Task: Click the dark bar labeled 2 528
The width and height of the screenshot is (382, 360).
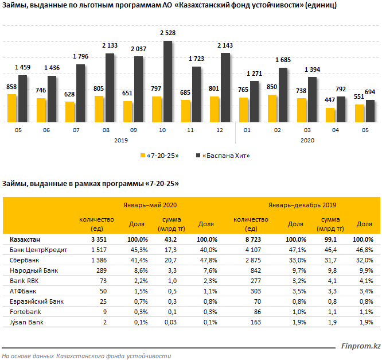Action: (167, 82)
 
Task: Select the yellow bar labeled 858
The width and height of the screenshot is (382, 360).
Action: (11, 109)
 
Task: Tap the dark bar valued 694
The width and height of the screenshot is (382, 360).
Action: (371, 111)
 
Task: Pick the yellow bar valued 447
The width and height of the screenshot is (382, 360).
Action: (330, 115)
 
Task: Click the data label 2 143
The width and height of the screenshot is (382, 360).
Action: (225, 45)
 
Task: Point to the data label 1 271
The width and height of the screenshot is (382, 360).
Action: (254, 73)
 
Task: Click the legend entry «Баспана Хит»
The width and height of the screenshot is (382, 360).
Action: (223, 156)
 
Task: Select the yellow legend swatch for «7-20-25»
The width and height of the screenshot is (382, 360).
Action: (143, 156)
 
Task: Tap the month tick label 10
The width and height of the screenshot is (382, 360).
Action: (162, 130)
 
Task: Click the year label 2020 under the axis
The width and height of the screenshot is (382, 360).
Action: (307, 141)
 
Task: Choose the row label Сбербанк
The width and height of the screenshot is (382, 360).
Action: (24, 260)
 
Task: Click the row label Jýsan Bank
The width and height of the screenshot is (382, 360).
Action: (26, 322)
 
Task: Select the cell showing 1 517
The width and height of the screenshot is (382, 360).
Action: (99, 250)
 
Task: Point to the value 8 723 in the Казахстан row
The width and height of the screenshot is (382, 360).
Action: (253, 239)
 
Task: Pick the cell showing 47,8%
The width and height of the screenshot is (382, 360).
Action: (209, 260)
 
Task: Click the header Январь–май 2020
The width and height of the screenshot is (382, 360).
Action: (150, 205)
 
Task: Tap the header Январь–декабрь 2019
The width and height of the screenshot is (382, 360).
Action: (302, 205)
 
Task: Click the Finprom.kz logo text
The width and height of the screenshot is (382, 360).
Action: (361, 346)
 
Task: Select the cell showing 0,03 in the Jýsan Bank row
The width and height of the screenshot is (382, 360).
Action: (170, 322)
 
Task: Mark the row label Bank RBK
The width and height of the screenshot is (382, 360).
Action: (24, 281)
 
